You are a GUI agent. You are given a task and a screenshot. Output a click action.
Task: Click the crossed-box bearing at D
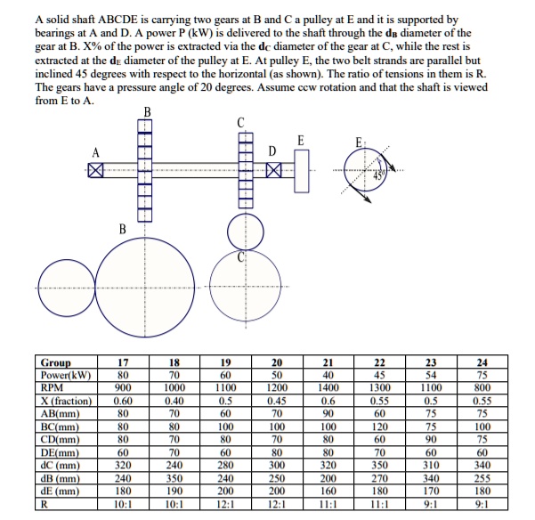click(275, 169)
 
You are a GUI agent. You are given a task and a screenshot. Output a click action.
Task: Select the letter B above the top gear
click(147, 111)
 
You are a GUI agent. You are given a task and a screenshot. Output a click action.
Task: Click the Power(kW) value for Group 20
click(277, 376)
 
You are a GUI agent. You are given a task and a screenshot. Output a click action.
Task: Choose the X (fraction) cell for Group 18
click(174, 401)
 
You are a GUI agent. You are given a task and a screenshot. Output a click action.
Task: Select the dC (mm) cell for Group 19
click(225, 463)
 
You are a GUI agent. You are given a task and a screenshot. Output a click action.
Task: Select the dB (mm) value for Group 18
click(174, 475)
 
